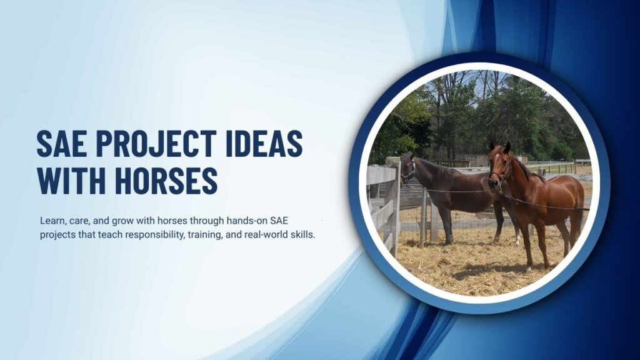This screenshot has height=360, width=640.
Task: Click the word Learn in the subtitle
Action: (x=52, y=221)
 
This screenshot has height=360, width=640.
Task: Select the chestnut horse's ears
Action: (x=499, y=147)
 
